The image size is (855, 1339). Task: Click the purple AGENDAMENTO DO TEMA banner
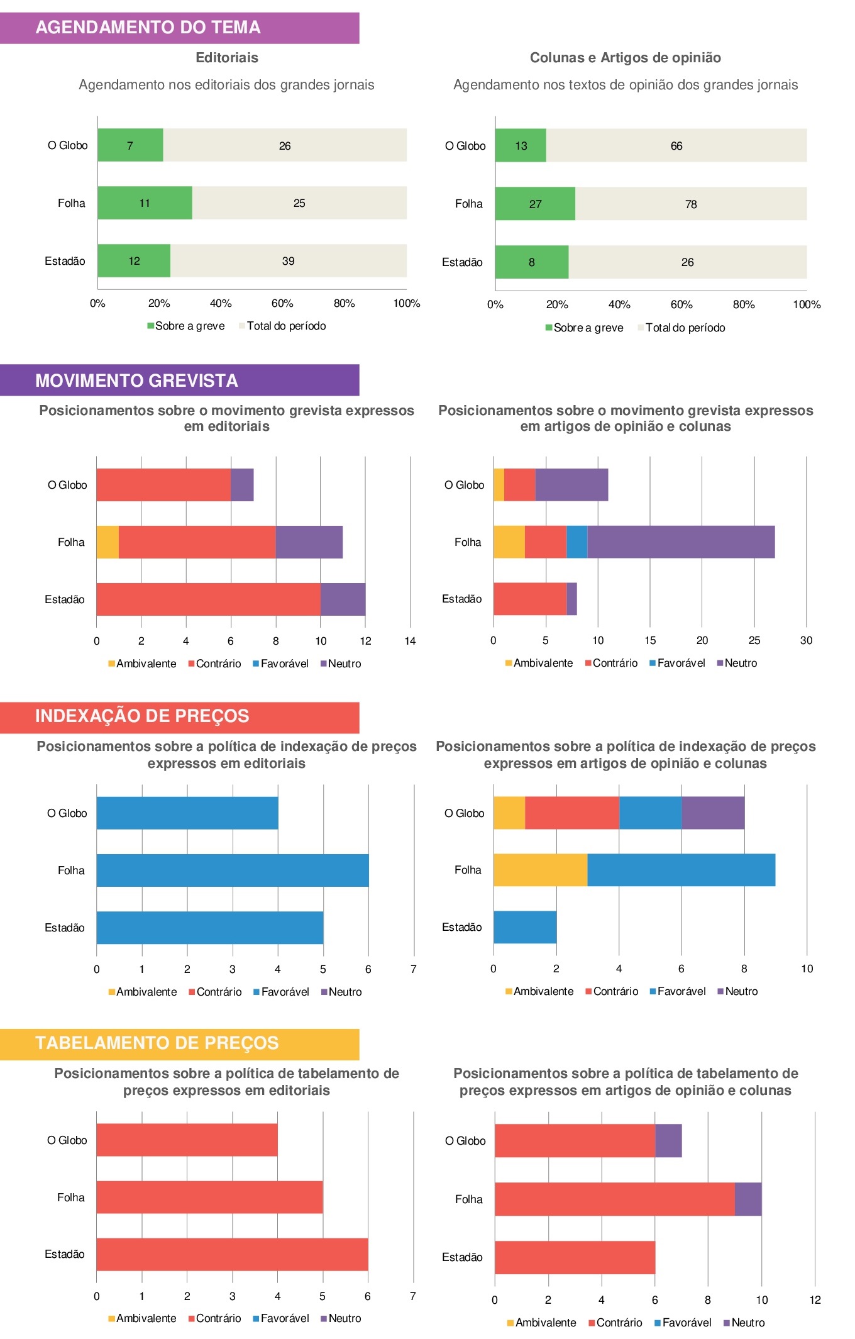click(179, 28)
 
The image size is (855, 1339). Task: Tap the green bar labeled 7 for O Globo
click(130, 145)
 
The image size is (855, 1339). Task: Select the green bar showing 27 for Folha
click(535, 204)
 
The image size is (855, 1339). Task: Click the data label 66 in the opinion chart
click(676, 146)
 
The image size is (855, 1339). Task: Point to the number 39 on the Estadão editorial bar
click(288, 261)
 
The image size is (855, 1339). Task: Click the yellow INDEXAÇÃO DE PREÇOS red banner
click(179, 717)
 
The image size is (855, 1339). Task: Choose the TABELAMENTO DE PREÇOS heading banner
click(179, 1044)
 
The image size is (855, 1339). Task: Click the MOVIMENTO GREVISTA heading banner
click(179, 381)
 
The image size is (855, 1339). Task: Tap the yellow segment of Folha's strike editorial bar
click(108, 542)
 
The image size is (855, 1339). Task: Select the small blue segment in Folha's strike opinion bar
click(576, 542)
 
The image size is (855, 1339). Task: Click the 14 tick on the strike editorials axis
click(410, 641)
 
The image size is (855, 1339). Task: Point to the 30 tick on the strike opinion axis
click(806, 640)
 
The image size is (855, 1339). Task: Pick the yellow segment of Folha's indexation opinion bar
click(540, 870)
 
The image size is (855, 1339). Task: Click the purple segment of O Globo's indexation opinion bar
click(713, 813)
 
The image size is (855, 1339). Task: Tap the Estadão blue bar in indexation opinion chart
click(525, 927)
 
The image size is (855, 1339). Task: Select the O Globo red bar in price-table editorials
click(187, 1140)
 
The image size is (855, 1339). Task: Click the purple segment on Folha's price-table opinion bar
click(748, 1199)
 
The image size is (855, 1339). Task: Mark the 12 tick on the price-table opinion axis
click(815, 1300)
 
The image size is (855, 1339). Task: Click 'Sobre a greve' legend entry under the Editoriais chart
click(186, 326)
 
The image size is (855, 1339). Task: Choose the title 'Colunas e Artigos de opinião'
click(625, 58)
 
